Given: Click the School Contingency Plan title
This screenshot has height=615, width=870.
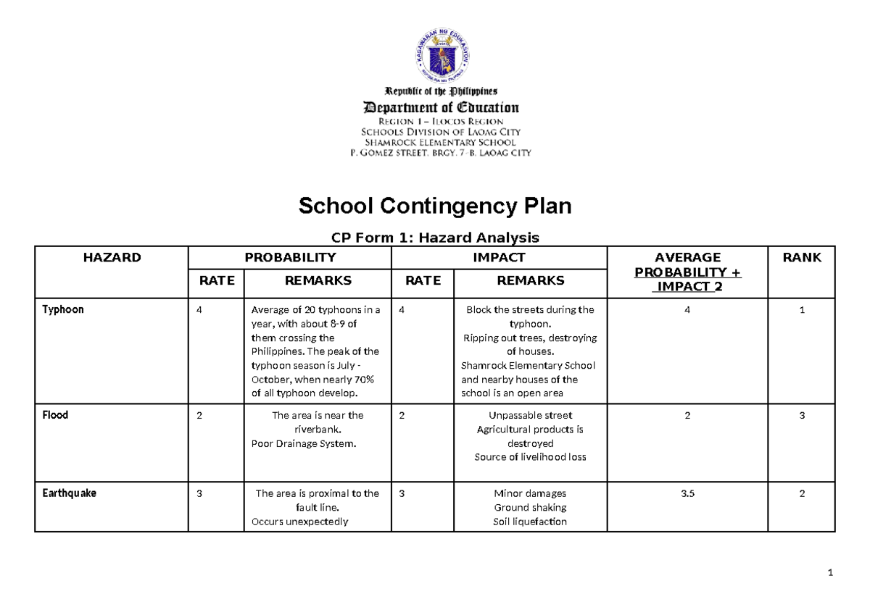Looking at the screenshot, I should click(435, 206).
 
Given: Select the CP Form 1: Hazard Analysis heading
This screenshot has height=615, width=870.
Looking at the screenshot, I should click(435, 237).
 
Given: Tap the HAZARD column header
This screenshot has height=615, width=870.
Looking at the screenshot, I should click(112, 257).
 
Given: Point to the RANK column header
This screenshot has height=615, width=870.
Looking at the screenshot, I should click(802, 257).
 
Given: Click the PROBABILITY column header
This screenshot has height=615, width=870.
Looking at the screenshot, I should click(290, 257).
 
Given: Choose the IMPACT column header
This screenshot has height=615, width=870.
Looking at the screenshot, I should click(499, 257).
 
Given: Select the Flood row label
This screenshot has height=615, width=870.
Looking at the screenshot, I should click(55, 416).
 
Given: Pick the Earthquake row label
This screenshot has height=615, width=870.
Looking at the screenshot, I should click(69, 493).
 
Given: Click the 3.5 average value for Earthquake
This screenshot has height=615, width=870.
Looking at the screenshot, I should click(687, 493).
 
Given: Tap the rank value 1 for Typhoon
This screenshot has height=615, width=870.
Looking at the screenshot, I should click(802, 309).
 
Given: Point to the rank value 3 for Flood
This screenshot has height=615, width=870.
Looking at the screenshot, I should click(802, 416).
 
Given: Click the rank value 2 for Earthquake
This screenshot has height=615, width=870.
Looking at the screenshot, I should click(802, 493).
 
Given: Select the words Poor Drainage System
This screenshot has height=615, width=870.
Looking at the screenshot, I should click(304, 444).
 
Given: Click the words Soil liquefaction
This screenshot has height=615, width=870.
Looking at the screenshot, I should click(529, 522).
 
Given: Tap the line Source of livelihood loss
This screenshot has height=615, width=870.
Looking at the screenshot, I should click(530, 458).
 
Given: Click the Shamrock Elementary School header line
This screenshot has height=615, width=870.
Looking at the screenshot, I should click(441, 143).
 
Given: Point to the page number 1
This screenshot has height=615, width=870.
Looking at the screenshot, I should click(830, 574).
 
